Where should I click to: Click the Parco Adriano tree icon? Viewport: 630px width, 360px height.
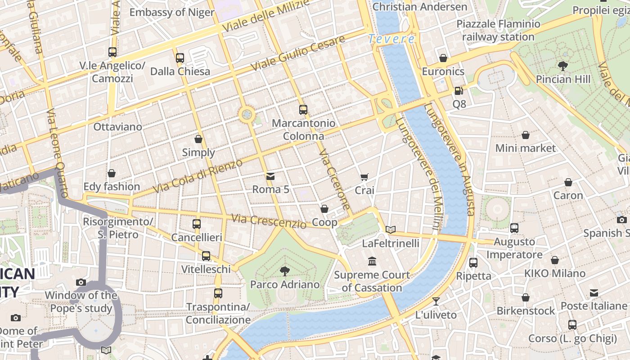point(284,271)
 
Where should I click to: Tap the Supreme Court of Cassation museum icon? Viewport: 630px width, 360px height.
point(372,261)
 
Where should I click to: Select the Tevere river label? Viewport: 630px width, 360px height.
point(391,39)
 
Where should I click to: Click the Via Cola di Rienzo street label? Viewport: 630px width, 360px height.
point(198,176)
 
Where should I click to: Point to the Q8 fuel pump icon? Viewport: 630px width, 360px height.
point(459,91)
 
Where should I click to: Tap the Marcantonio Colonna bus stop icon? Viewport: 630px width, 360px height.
point(303,110)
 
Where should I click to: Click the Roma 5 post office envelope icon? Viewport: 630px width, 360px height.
point(270,176)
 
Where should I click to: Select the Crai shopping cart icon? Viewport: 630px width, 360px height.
point(364,177)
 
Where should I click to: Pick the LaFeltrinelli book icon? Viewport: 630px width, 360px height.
point(391,230)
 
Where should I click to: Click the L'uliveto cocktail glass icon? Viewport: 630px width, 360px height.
point(436,301)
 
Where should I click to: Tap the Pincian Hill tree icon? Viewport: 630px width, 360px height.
point(562,66)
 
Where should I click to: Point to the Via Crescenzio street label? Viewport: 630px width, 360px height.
point(269,221)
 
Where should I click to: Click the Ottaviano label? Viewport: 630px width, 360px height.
point(117,127)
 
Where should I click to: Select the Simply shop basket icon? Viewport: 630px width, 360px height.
point(198,139)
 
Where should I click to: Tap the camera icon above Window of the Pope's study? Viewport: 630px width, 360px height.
point(81,283)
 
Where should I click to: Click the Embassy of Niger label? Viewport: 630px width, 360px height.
point(172,12)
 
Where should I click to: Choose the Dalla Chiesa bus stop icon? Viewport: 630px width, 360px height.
point(180,58)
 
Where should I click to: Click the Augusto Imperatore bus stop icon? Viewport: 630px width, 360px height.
point(514,228)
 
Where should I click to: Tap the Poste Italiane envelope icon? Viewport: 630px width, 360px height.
point(594,293)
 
